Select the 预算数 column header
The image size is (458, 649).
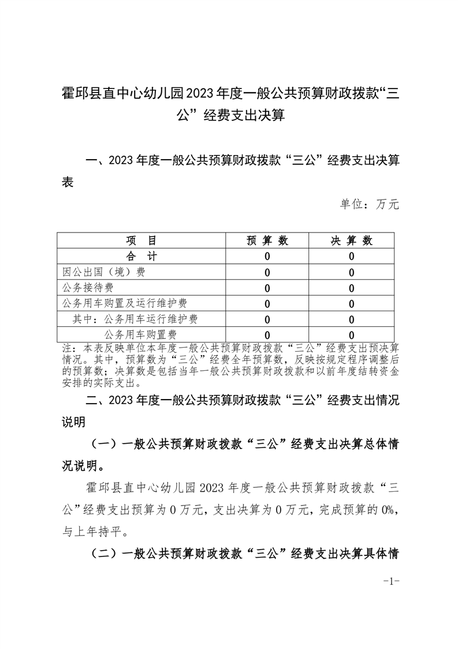(x=267, y=241)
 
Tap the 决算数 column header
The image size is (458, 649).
(x=352, y=241)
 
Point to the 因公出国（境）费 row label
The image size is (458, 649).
(x=104, y=272)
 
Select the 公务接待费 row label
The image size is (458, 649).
(x=88, y=287)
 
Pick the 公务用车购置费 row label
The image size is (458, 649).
(x=140, y=334)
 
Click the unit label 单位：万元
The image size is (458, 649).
(x=370, y=204)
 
